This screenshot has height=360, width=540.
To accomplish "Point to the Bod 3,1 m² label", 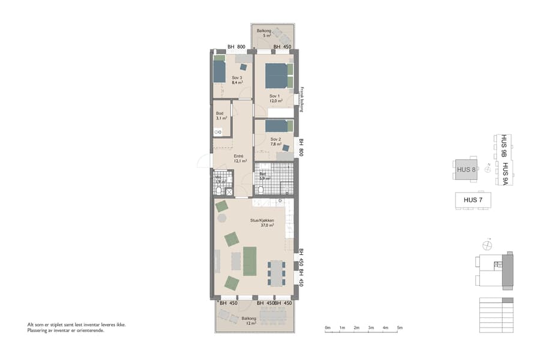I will point(220,116).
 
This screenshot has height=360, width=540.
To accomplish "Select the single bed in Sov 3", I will point(220,71).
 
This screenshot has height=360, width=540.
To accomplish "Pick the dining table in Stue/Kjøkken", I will point(277,273).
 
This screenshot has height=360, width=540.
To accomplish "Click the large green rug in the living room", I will point(250,261).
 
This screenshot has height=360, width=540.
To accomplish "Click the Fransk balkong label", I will point(303,100).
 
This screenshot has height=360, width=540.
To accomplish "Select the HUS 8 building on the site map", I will point(466,169).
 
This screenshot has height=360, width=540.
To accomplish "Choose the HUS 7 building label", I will point(473,200).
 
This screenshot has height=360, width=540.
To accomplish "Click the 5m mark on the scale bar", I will point(400,328).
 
